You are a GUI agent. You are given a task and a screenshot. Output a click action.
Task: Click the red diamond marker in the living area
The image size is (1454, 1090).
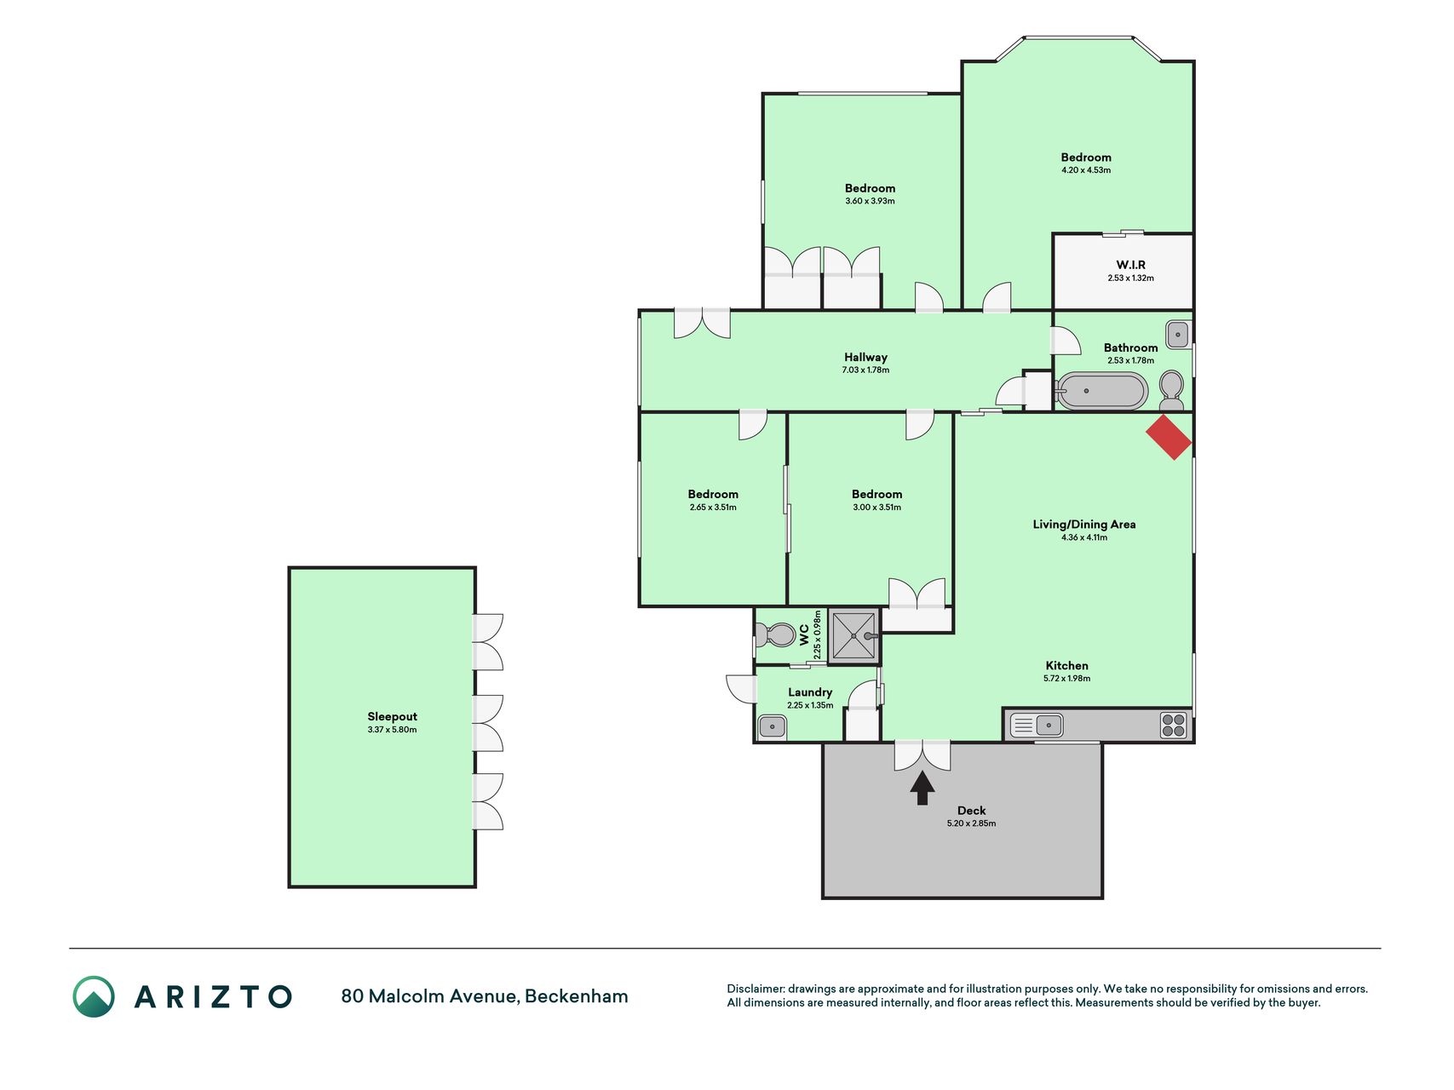[x=1169, y=437]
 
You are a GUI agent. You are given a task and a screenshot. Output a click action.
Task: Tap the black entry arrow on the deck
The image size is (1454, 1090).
[x=922, y=788]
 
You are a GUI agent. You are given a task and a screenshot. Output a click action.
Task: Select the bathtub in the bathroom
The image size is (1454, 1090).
[x=1101, y=392]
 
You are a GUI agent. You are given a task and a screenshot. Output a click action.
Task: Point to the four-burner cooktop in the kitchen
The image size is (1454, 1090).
[x=1173, y=726]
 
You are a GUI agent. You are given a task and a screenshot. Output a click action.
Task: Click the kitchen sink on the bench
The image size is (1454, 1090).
[x=1037, y=726]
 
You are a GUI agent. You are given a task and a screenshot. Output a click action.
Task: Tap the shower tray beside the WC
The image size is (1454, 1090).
[x=853, y=635]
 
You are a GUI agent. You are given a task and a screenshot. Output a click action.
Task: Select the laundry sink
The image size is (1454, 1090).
[x=773, y=726]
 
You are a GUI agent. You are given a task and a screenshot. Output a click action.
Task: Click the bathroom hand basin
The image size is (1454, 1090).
[x=1178, y=335]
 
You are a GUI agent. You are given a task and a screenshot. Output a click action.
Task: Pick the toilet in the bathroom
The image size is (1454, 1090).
[x=1172, y=391]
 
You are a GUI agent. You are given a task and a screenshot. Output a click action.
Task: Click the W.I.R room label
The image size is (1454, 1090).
[x=1130, y=265]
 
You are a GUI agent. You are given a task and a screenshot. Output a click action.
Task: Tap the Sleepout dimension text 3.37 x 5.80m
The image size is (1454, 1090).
[x=393, y=730]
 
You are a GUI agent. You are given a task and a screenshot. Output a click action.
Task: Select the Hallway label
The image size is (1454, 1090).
[x=865, y=358]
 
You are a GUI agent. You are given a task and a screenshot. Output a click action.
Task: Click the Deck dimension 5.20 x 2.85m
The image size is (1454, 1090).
[x=971, y=823]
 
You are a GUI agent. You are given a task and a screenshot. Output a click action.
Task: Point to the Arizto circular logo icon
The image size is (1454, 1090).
[x=94, y=996]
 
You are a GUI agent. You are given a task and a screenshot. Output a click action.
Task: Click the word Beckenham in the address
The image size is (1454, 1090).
[x=577, y=996]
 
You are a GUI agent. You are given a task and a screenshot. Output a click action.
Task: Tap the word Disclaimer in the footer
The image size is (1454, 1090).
[x=756, y=989]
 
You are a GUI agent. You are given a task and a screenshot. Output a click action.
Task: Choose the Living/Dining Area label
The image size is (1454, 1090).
[x=1084, y=525]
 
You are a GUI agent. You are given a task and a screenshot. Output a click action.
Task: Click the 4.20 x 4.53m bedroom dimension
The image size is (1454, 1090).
[x=1086, y=170]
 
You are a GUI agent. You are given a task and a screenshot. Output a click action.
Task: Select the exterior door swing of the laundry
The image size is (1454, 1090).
[x=741, y=688]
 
